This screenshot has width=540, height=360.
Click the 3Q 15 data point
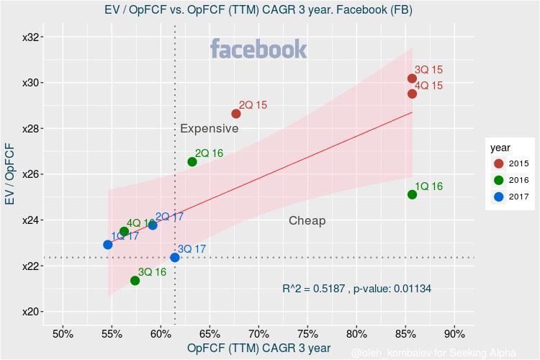[x=412, y=78]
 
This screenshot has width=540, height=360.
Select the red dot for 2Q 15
[x=236, y=114]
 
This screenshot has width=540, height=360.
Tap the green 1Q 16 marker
[x=412, y=194]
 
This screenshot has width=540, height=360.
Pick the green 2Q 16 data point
[x=192, y=162]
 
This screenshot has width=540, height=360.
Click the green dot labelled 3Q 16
[x=135, y=281]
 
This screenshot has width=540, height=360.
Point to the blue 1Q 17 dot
[x=108, y=245]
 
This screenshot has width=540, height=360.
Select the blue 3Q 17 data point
[x=175, y=258]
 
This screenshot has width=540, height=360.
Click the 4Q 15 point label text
[x=428, y=86]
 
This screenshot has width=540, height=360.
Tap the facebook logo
[x=258, y=50]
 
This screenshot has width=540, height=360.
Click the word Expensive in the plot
[x=209, y=129]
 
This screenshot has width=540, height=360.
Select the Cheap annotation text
[x=307, y=221]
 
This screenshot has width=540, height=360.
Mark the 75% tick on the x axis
[x=307, y=334]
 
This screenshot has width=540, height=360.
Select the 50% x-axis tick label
[x=63, y=334]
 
